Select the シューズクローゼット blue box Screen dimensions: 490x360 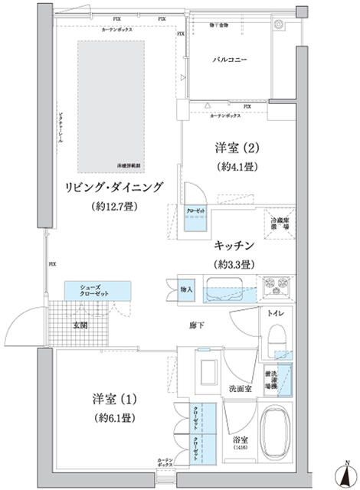(87, 290)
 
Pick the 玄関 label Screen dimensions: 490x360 (81, 325)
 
